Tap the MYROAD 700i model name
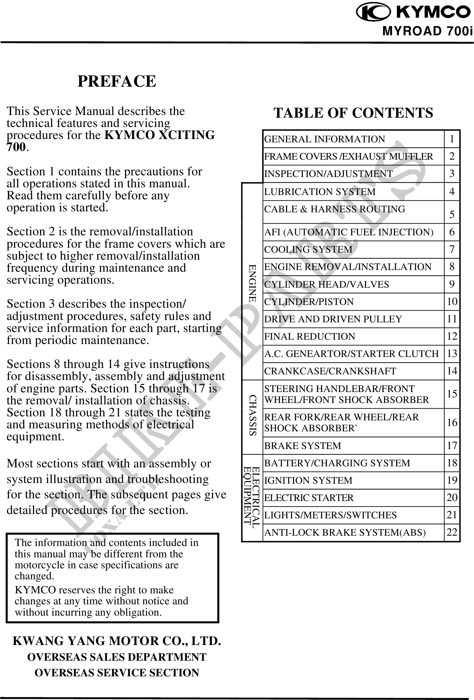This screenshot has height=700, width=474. point(428,31)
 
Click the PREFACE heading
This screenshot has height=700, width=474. point(116,81)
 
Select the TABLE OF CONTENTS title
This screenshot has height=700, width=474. point(353,113)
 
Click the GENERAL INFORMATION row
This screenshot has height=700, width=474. point(324,139)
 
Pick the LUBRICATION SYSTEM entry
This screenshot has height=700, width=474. point(320,192)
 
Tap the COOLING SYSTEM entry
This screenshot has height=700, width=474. point(308,249)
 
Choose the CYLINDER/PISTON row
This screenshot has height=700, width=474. point(309,302)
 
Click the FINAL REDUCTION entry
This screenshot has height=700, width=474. point(310,336)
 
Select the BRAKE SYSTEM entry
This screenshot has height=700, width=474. point(303,446)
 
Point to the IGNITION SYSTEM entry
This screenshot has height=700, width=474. point(308,480)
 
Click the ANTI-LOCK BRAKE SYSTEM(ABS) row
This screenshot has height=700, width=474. point(345,532)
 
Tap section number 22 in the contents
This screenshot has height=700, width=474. point(452,532)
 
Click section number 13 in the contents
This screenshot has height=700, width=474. point(452,353)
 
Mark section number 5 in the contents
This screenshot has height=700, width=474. point(452,214)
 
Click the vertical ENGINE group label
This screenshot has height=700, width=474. point(252,283)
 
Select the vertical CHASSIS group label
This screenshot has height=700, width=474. point(253,415)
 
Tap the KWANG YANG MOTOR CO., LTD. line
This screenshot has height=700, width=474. point(116,641)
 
